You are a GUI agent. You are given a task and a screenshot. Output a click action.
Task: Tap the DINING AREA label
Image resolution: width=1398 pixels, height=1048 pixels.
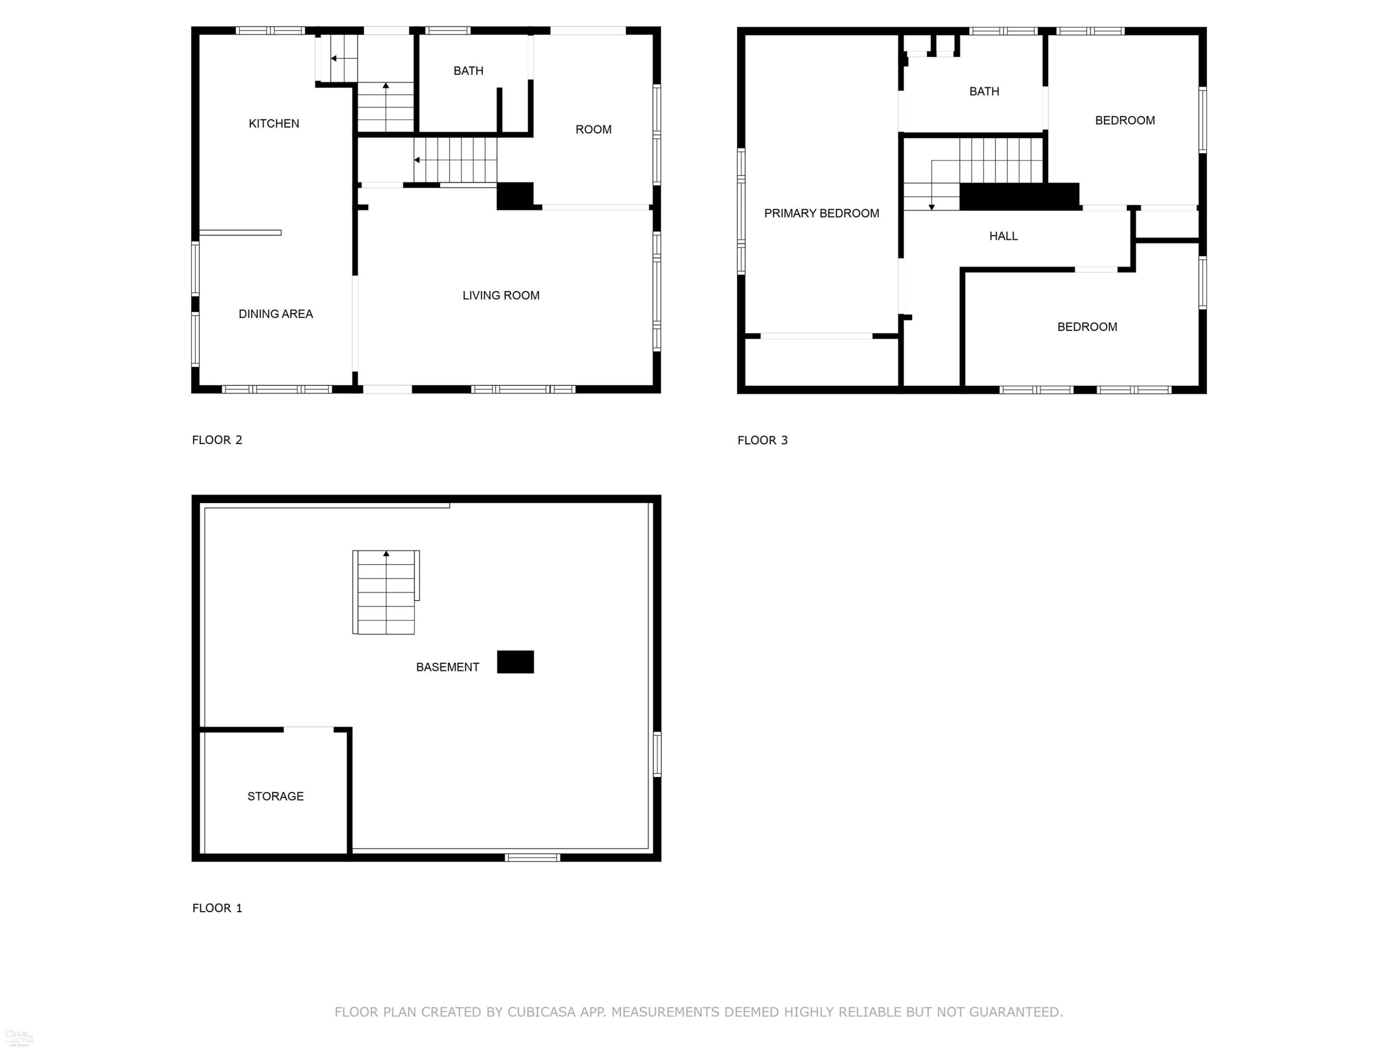(x=275, y=314)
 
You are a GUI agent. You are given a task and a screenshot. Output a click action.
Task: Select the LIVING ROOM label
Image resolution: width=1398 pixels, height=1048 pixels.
(x=500, y=295)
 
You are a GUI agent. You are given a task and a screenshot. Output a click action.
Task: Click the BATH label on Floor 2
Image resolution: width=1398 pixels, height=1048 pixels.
(x=468, y=71)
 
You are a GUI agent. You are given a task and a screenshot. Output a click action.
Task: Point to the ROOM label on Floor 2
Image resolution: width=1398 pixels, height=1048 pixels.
(x=594, y=129)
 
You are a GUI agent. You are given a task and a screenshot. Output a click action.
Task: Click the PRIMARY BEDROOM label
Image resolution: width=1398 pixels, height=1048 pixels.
(x=822, y=213)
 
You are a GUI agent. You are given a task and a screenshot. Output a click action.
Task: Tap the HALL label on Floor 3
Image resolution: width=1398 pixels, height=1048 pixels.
(x=1004, y=236)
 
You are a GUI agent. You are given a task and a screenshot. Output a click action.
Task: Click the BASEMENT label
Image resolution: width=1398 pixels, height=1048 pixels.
(x=447, y=667)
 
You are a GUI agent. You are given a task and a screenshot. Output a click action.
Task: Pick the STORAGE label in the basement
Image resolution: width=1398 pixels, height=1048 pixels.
(x=275, y=796)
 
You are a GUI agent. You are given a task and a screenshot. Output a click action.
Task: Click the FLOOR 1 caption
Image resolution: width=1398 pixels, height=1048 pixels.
(x=218, y=908)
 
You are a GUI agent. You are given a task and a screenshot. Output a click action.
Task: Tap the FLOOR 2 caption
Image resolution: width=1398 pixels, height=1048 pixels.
(x=218, y=440)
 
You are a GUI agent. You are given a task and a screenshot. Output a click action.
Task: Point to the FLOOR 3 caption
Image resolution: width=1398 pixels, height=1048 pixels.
(x=763, y=440)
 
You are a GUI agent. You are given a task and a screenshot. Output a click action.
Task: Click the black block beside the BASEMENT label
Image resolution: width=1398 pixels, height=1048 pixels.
(x=515, y=662)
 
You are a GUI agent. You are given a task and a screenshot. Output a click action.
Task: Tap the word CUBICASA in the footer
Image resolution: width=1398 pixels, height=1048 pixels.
(x=541, y=1012)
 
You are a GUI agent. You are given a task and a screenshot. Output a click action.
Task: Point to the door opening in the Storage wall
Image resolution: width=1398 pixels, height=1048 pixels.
(x=308, y=729)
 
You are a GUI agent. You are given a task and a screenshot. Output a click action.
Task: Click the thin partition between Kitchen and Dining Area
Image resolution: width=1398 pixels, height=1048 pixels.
(x=240, y=232)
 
